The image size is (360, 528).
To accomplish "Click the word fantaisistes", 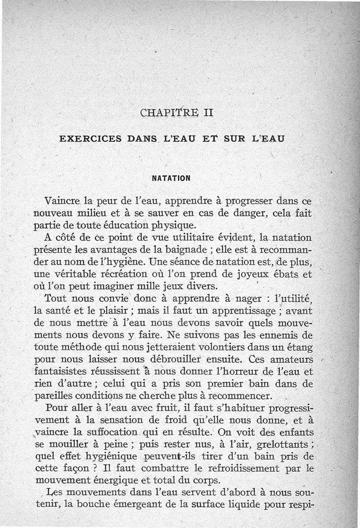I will point(64,372).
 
